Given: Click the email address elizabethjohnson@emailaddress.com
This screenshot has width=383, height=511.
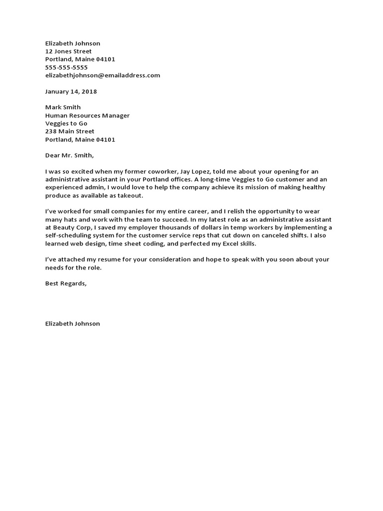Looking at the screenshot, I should (x=102, y=75).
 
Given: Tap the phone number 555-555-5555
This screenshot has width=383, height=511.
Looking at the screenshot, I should (x=66, y=67).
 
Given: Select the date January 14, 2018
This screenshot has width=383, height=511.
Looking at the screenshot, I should (x=71, y=91).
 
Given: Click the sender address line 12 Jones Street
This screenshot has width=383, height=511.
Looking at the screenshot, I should (x=68, y=51).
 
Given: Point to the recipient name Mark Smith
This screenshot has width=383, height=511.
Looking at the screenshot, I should (x=63, y=107).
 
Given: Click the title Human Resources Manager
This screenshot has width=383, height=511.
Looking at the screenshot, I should (x=87, y=115).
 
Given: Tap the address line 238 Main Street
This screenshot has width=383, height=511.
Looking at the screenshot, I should (x=69, y=131).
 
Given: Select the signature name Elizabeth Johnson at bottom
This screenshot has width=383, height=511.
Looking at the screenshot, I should (x=72, y=323).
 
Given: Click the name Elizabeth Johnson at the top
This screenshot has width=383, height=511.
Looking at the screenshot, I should (x=72, y=43).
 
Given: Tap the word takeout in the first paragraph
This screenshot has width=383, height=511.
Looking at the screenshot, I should (x=131, y=195).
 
